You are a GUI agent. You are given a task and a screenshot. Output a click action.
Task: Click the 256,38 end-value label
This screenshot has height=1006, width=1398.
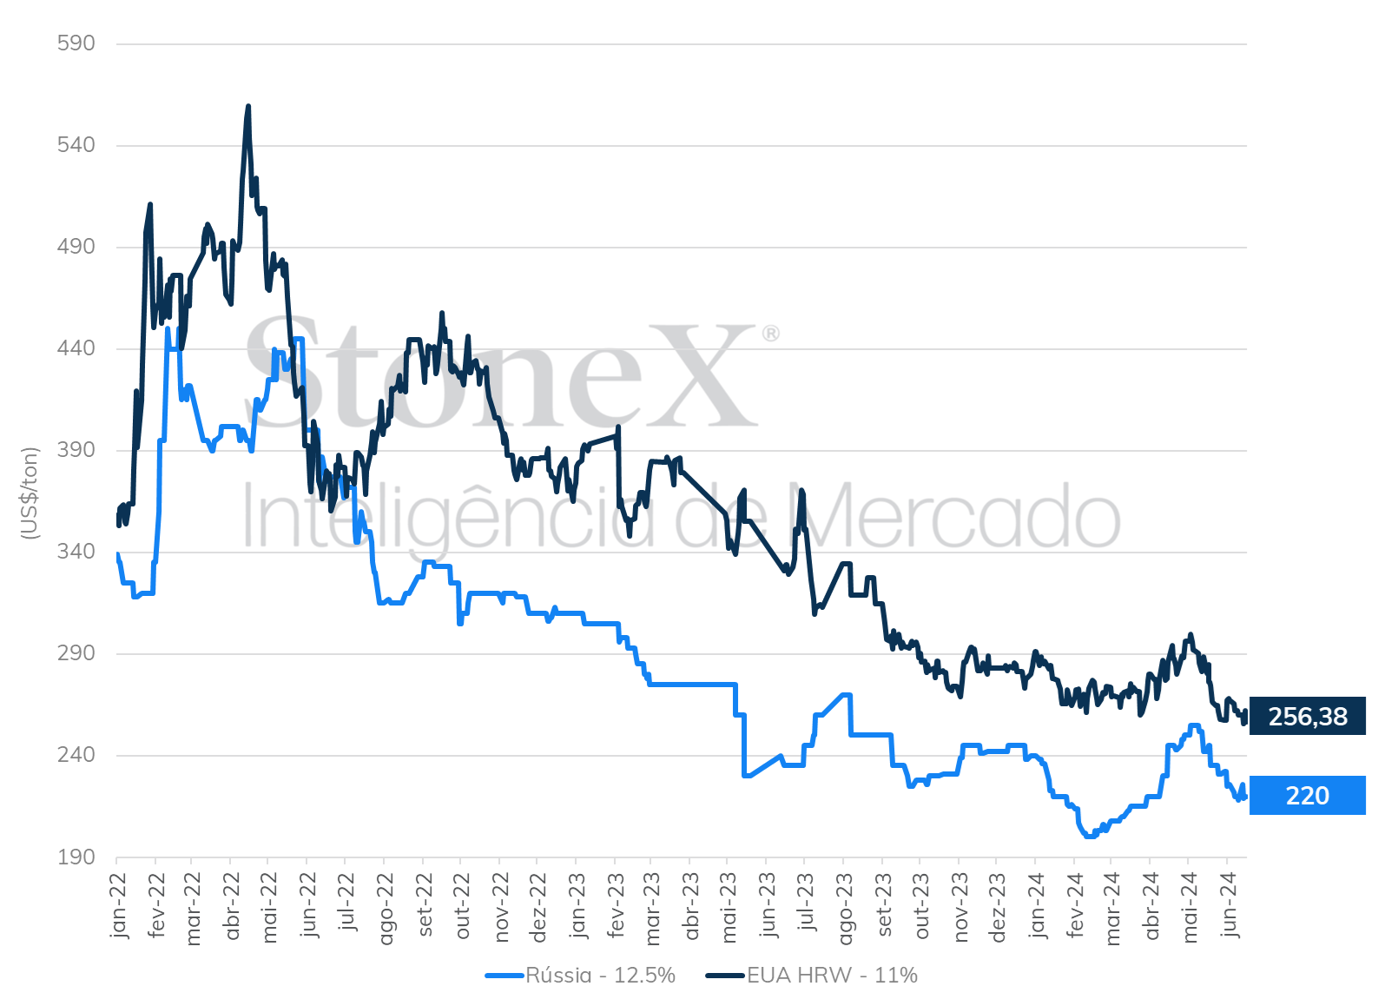click(x=1307, y=716)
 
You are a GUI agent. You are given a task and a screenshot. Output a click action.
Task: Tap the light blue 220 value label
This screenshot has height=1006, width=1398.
click(x=1307, y=796)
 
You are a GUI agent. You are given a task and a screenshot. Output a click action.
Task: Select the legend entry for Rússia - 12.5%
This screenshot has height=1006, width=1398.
click(x=580, y=975)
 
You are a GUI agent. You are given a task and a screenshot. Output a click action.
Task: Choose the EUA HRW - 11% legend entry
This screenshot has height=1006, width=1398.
click(x=811, y=975)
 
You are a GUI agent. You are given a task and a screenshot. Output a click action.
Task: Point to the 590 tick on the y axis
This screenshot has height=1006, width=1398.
click(x=76, y=43)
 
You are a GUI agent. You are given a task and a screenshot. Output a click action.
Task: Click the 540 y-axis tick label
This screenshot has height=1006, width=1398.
click(x=76, y=145)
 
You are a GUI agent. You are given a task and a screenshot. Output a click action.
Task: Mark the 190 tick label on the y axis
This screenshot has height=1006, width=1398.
click(x=76, y=857)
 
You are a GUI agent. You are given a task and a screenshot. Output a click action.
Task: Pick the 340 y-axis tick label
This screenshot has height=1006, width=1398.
click(x=76, y=552)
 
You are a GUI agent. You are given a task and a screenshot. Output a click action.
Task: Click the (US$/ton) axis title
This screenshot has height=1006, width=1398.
click(x=30, y=493)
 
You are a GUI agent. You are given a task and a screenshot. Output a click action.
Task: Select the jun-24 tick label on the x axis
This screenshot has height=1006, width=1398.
click(x=1228, y=905)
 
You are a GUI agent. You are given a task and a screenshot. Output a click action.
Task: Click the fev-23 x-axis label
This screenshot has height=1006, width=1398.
click(x=616, y=905)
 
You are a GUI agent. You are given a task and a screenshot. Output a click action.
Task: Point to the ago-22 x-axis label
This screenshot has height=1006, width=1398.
click(x=385, y=910)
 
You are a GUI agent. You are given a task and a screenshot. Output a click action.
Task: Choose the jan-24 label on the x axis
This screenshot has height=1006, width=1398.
click(x=1036, y=905)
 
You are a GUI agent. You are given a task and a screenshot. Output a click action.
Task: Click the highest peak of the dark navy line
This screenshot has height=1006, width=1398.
click(x=248, y=106)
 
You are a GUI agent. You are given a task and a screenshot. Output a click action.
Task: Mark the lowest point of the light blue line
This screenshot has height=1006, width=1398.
click(x=1090, y=836)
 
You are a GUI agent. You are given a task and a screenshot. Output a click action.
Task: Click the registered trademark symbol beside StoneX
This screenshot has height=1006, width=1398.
click(x=771, y=334)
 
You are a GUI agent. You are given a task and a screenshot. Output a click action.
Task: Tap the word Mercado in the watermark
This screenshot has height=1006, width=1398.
click(x=955, y=516)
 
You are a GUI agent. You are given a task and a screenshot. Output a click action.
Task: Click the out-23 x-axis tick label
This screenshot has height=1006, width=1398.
click(x=920, y=906)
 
